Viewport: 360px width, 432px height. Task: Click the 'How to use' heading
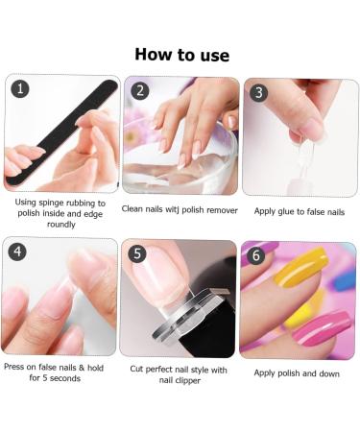coord(181,55)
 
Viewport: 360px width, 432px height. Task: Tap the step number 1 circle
coord(20,88)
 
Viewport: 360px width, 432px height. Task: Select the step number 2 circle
coord(140,91)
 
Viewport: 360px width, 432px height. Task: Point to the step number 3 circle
coord(258,92)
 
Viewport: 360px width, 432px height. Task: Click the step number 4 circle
coord(17,252)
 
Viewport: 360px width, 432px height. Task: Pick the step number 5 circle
coord(137,253)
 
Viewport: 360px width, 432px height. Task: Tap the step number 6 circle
coord(256,255)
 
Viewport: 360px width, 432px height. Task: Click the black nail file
coord(61,132)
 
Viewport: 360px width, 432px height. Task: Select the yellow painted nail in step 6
coord(301,267)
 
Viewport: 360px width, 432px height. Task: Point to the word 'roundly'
coord(60,224)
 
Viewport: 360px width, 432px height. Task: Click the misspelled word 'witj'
coord(172,209)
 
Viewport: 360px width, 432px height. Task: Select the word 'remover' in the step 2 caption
coord(222,210)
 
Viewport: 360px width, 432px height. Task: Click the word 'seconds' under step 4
coord(65,378)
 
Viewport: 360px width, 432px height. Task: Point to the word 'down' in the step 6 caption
coord(329,373)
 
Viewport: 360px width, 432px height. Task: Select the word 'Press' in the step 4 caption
coord(14,367)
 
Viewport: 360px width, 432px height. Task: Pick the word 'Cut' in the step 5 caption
coord(136,369)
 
